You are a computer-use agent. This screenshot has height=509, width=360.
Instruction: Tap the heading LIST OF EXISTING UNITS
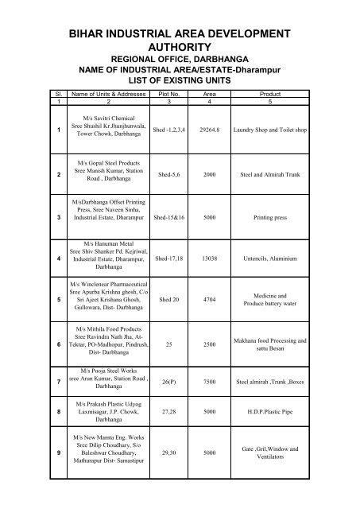pos(179,80)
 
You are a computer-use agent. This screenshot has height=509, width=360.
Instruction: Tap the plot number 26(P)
pos(171,383)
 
